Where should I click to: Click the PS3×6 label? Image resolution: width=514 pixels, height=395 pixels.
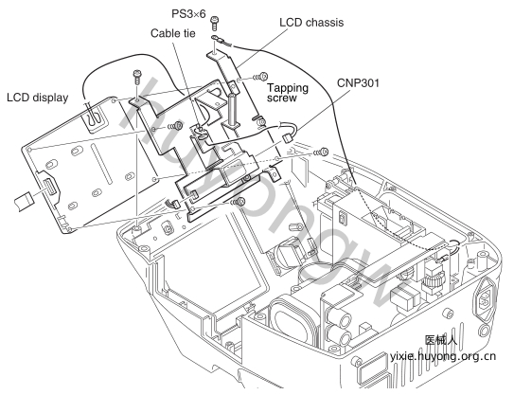pyautogui.click(x=188, y=14)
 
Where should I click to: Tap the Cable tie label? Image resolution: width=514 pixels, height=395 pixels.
pyautogui.click(x=173, y=33)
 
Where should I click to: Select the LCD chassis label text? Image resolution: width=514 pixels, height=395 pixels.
pyautogui.click(x=311, y=23)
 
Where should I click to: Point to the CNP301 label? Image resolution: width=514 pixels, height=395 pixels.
pyautogui.click(x=358, y=82)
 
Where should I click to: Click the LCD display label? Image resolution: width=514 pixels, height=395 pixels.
pyautogui.click(x=38, y=98)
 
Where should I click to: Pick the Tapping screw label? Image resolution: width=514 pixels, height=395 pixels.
pyautogui.click(x=288, y=93)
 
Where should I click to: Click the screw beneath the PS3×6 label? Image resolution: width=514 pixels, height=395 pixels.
pyautogui.click(x=215, y=23)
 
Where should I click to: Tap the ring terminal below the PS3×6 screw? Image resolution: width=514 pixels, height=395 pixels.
pyautogui.click(x=221, y=40)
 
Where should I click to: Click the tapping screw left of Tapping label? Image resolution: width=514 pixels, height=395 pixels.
pyautogui.click(x=260, y=77)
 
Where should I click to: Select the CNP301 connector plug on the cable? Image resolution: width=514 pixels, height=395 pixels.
pyautogui.click(x=287, y=137)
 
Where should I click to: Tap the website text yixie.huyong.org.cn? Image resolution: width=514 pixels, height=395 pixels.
pyautogui.click(x=443, y=356)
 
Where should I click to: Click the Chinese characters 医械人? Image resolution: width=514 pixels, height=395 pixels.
pyautogui.click(x=440, y=340)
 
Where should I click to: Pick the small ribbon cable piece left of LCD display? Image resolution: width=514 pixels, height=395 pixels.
pyautogui.click(x=25, y=201)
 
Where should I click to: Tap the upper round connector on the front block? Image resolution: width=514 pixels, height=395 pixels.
pyautogui.click(x=342, y=317)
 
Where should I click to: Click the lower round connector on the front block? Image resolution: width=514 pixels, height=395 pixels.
pyautogui.click(x=342, y=337)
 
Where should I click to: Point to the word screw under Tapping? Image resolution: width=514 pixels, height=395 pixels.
pyautogui.click(x=281, y=99)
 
